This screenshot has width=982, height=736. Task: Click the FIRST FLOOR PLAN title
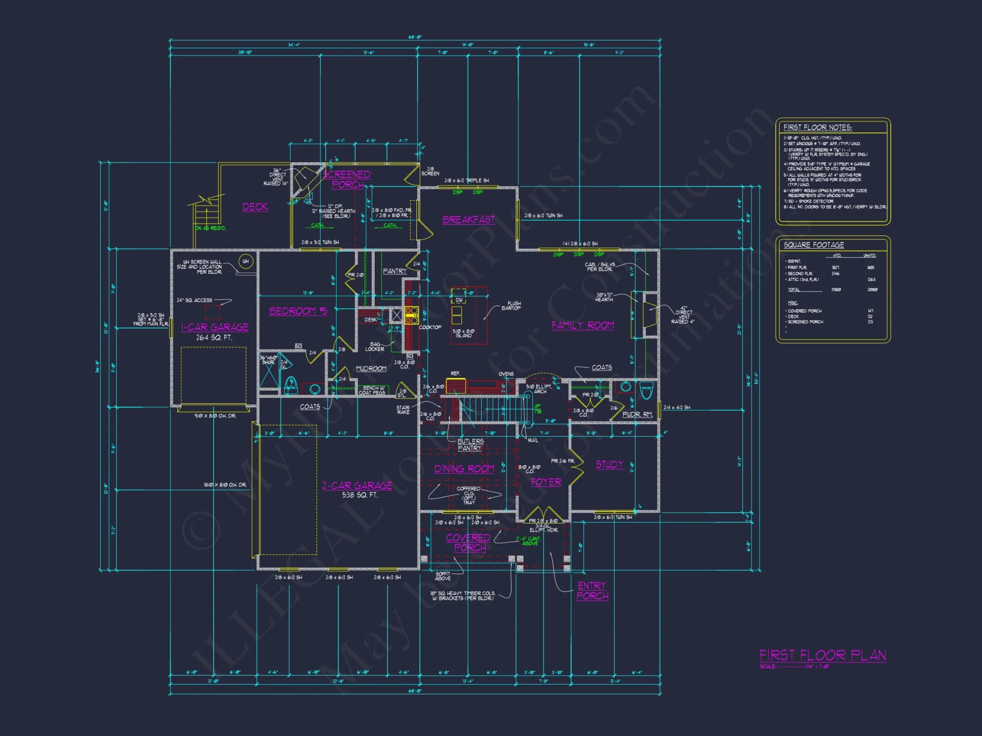pos(822,656)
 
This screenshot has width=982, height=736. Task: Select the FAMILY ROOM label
pos(582,325)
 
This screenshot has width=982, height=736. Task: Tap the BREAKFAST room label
pos(468,220)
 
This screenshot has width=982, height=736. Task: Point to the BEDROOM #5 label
pos(298,311)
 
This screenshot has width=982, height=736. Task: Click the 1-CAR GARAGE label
pos(215,327)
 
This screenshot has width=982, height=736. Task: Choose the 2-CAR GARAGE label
pos(357,486)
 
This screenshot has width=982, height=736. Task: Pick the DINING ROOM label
pos(464,469)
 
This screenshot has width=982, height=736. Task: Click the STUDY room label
pos(609,465)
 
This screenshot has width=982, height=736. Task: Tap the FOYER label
pos(546,482)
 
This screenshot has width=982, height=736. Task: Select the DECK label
pos(255,207)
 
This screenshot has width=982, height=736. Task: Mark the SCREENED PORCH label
pos(347,180)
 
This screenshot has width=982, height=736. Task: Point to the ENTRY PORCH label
pos(592,591)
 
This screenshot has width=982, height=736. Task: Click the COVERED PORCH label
pos(468,543)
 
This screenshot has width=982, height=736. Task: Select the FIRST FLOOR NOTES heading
pos(818,128)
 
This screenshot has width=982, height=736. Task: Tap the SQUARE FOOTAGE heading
pos(814,245)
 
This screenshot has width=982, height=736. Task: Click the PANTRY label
pos(395,271)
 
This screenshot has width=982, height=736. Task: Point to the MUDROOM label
pos(371,368)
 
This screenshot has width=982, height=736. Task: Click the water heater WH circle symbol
pos(245,262)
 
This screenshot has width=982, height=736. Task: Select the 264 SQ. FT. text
pos(214,338)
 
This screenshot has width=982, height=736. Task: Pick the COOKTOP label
pos(430,327)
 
